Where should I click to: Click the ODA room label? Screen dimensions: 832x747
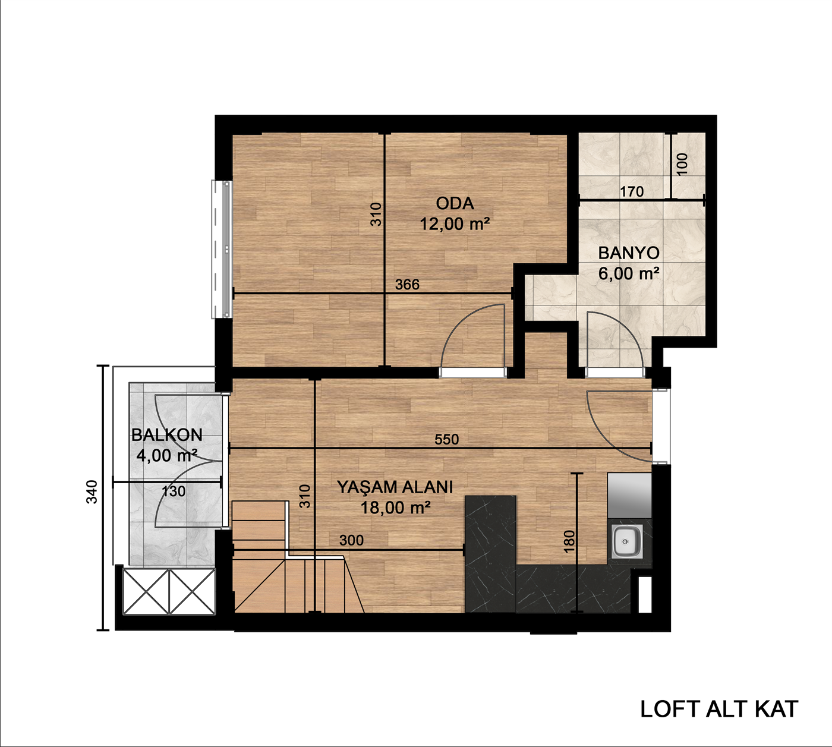pyautogui.click(x=455, y=203)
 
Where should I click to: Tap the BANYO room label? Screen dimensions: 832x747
pyautogui.click(x=629, y=253)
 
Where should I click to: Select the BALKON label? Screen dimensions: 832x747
pyautogui.click(x=167, y=435)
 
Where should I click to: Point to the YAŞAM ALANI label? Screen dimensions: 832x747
pyautogui.click(x=395, y=487)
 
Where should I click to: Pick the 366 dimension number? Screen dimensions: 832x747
pyautogui.click(x=407, y=285)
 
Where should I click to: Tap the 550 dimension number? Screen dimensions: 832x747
pyautogui.click(x=446, y=439)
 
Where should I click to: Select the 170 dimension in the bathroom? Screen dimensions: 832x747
pyautogui.click(x=632, y=191)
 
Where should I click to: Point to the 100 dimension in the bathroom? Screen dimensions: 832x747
pyautogui.click(x=682, y=164)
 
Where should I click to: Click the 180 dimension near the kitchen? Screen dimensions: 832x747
pyautogui.click(x=569, y=541)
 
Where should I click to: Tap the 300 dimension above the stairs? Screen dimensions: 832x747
pyautogui.click(x=352, y=540)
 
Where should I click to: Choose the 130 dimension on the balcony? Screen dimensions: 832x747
pyautogui.click(x=174, y=491)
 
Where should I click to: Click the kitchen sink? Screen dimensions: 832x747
pyautogui.click(x=626, y=541)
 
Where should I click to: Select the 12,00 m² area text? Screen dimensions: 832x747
pyautogui.click(x=455, y=224)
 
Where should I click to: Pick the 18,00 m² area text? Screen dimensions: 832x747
pyautogui.click(x=395, y=508)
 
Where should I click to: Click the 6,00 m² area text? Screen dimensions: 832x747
pyautogui.click(x=629, y=273)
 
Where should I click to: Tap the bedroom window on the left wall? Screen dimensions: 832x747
pyautogui.click(x=222, y=249)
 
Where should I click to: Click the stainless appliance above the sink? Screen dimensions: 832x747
pyautogui.click(x=629, y=495)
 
